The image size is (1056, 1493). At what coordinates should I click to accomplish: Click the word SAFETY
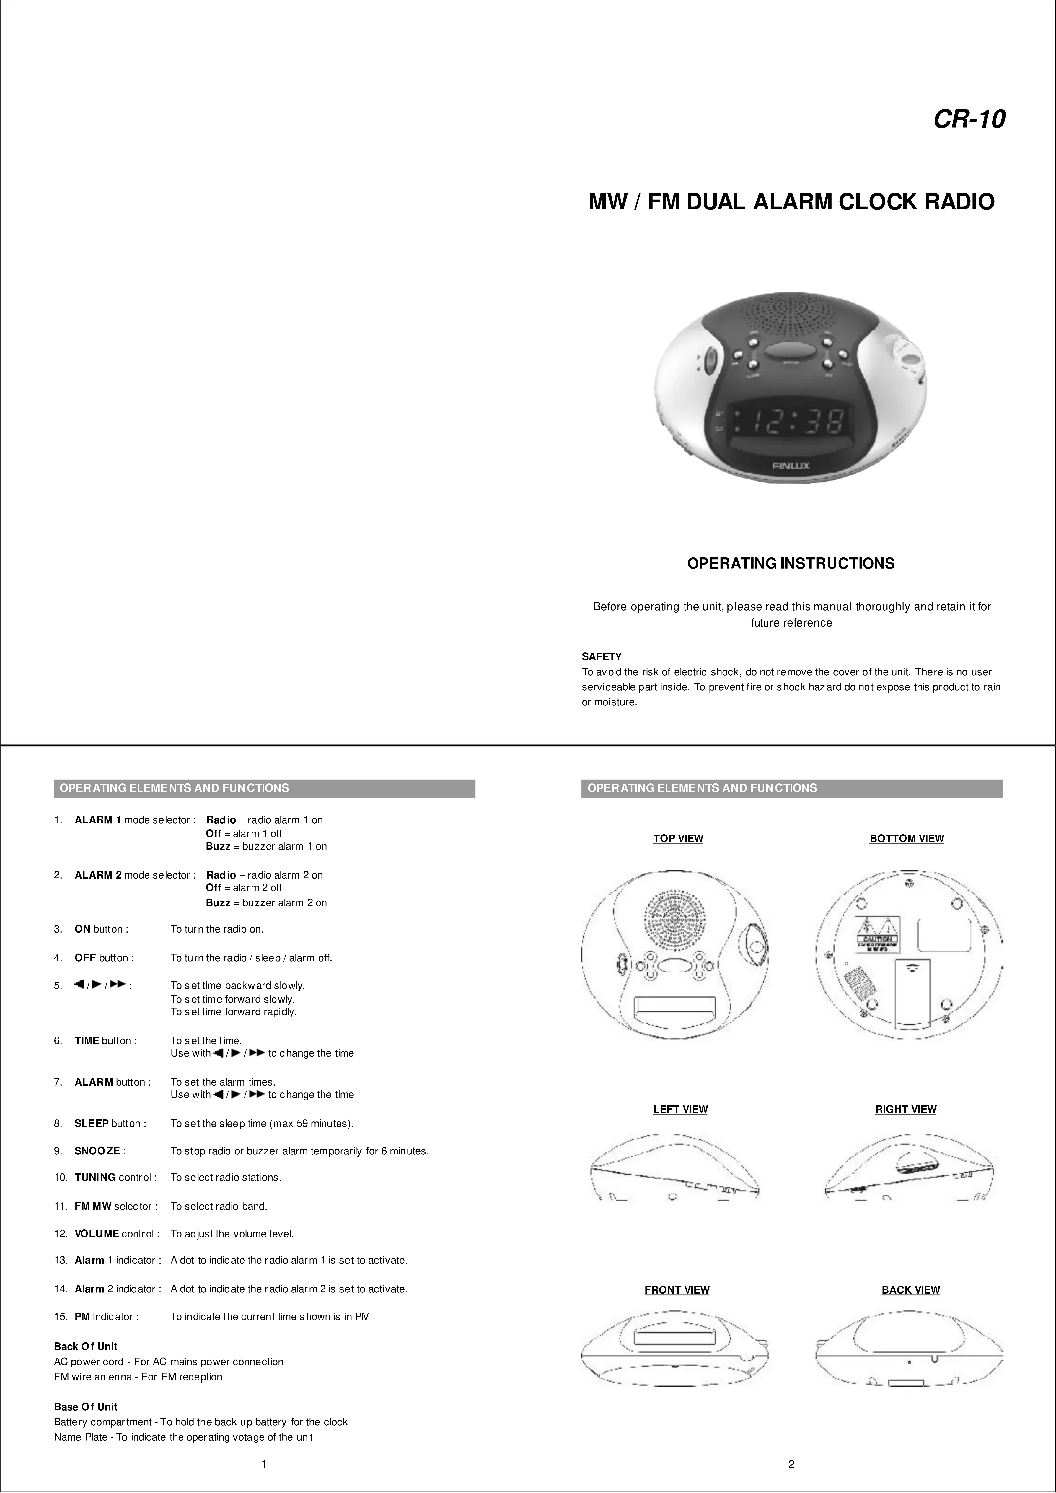click(602, 657)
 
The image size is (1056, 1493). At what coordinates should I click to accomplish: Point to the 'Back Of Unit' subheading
click(86, 1346)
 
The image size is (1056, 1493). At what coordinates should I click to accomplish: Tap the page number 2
click(791, 1464)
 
